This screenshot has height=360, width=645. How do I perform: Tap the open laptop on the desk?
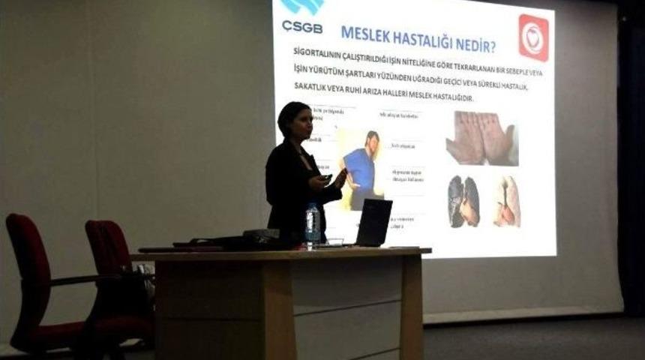pyautogui.click(x=373, y=223)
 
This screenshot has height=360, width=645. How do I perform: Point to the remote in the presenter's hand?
pyautogui.click(x=326, y=178)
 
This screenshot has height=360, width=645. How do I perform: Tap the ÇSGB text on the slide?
pyautogui.click(x=302, y=26)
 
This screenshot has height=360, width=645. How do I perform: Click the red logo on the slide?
pyautogui.click(x=533, y=37)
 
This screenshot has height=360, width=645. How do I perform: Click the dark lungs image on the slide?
pyautogui.click(x=464, y=201)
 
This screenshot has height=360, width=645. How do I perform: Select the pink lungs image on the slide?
pyautogui.click(x=507, y=201)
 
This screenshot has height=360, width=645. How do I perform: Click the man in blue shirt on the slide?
pyautogui.click(x=364, y=169)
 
